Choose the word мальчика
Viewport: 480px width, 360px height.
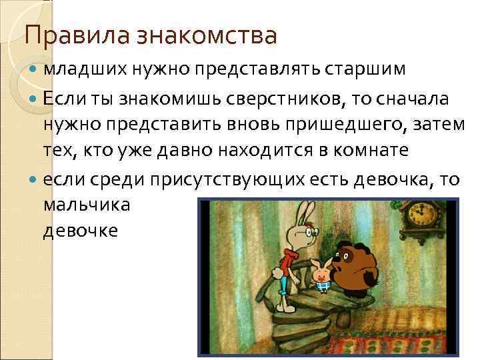[x=87, y=205]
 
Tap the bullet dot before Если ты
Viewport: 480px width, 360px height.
[x=35, y=99]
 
